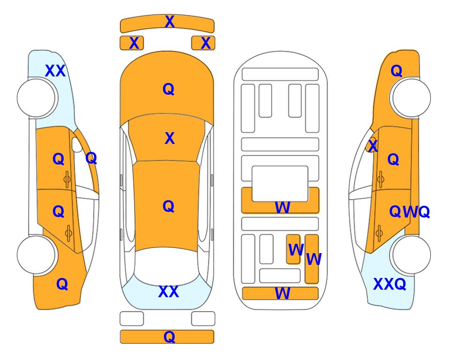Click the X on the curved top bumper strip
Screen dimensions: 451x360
click(170, 22)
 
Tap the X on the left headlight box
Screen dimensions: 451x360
click(134, 43)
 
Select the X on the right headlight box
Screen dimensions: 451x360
click(206, 43)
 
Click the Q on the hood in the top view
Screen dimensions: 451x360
click(169, 89)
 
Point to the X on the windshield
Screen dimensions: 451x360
click(170, 138)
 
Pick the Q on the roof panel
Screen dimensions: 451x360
click(169, 206)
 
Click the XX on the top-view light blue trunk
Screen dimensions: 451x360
click(169, 292)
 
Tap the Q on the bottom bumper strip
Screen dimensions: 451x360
click(170, 337)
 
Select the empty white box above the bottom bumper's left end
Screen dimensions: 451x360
click(132, 319)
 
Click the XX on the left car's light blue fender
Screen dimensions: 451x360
click(56, 71)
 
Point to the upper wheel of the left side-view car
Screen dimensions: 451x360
click(36, 98)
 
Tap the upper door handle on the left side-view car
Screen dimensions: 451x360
click(67, 180)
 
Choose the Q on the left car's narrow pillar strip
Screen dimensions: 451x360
click(91, 158)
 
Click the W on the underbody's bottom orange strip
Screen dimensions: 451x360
click(282, 293)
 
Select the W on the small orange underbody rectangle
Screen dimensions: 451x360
click(296, 250)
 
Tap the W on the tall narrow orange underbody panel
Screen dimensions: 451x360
click(314, 259)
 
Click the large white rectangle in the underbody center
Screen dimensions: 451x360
click(280, 184)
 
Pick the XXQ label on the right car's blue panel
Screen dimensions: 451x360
click(390, 284)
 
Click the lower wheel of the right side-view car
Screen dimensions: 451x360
click(411, 255)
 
